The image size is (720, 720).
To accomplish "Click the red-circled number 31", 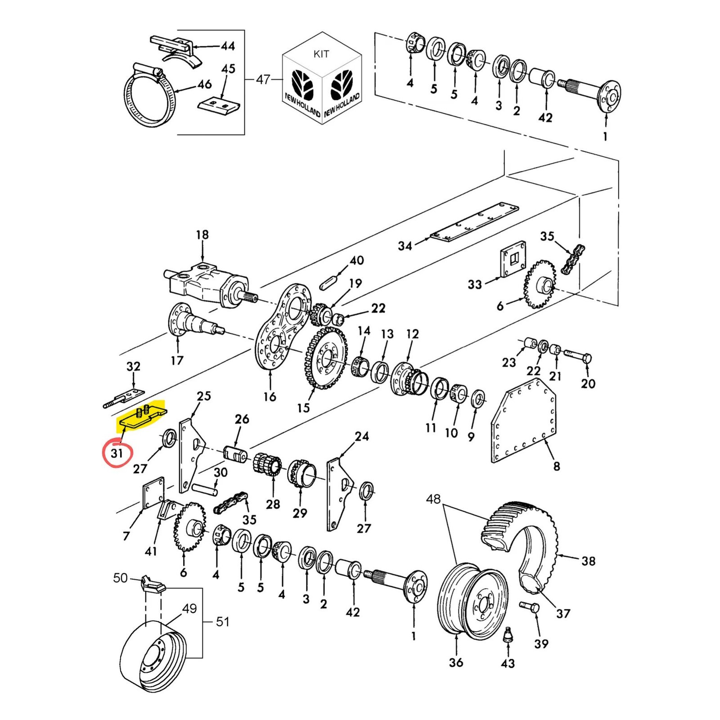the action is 117,453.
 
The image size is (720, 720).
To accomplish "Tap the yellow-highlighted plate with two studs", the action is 142,417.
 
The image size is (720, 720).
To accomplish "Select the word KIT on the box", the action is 321,54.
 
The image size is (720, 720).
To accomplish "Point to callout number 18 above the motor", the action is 202,234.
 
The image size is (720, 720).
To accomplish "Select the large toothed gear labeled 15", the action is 327,357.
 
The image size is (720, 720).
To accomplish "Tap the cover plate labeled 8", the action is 523,420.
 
